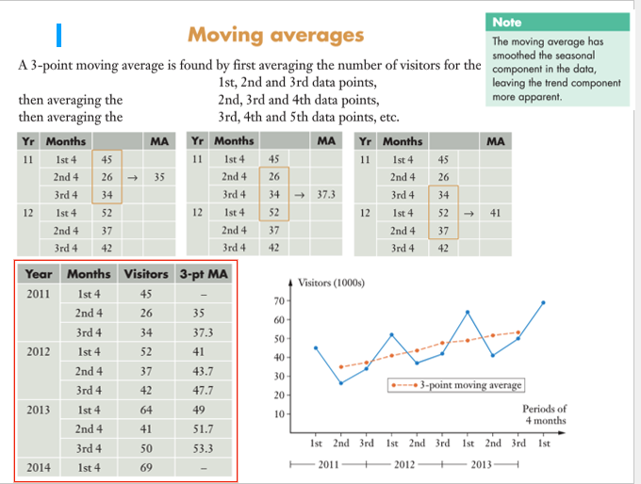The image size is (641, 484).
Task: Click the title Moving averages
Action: tap(275, 35)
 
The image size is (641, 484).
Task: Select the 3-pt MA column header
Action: tap(203, 274)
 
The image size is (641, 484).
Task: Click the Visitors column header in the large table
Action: tap(146, 274)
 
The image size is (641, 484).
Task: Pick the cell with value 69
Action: tap(146, 467)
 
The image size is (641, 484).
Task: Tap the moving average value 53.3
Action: tap(202, 448)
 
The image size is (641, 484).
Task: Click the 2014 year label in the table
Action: tap(39, 467)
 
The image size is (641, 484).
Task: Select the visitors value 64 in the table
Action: tap(146, 410)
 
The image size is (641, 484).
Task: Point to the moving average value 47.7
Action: tap(202, 390)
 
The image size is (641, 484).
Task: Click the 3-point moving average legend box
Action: tap(455, 384)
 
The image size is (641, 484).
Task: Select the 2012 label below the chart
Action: tap(403, 464)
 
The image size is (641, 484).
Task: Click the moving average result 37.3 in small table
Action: tap(323, 195)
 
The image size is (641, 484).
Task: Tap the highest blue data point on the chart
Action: tap(543, 302)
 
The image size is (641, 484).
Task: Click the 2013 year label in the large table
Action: tap(39, 410)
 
